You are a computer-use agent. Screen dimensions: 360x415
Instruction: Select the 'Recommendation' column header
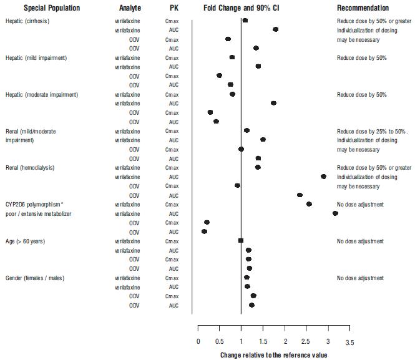(363, 8)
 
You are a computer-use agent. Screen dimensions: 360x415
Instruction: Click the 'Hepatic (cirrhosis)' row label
(27, 21)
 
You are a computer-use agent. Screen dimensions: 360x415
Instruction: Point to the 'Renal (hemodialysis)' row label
(30, 168)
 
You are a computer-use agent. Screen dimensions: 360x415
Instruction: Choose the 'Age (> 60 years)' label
(25, 241)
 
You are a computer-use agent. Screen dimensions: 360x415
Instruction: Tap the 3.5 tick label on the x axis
(349, 343)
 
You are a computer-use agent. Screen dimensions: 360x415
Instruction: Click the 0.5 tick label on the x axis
(220, 343)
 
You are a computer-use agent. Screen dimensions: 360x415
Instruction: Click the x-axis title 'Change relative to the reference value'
(273, 355)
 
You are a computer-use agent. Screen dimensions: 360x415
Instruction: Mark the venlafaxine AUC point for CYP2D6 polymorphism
(335, 213)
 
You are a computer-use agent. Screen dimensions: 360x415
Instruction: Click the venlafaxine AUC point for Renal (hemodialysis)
(323, 177)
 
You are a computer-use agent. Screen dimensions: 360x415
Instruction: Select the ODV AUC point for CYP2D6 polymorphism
(204, 231)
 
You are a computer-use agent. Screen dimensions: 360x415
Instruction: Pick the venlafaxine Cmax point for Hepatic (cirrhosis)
(245, 21)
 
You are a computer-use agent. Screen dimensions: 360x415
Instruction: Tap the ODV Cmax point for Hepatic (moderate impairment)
(210, 112)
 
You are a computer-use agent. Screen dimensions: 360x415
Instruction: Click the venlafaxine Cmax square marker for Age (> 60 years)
(241, 241)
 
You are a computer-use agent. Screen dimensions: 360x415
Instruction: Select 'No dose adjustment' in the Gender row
(360, 278)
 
